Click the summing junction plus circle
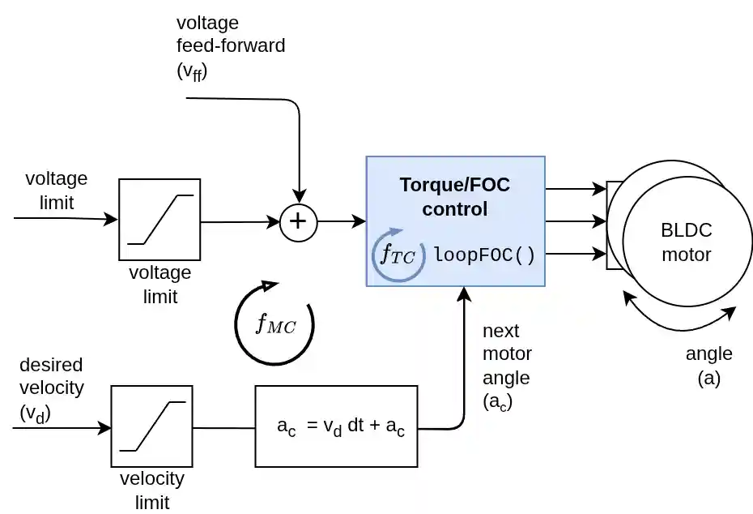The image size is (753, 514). click(299, 221)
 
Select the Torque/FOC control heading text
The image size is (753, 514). click(455, 196)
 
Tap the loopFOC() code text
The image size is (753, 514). click(484, 255)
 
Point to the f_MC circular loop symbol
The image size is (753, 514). click(274, 324)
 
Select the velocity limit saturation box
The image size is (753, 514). click(151, 426)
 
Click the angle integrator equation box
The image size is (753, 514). click(341, 426)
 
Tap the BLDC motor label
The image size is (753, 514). click(686, 242)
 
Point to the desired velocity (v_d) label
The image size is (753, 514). click(50, 389)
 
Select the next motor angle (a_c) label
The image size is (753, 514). click(507, 366)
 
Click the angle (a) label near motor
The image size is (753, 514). click(708, 366)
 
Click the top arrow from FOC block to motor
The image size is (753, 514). click(576, 190)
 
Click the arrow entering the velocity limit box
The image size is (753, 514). click(62, 426)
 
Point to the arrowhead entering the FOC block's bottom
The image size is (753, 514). click(464, 293)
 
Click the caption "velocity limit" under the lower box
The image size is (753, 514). click(152, 490)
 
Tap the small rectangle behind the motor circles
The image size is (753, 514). click(613, 225)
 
